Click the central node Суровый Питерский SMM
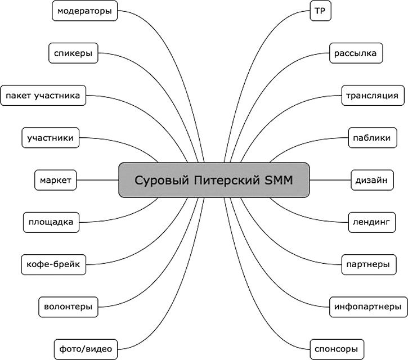pos(214,180)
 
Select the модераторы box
pos(84,11)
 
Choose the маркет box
pos(56,180)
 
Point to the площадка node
pos(51,222)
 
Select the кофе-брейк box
pos(53,264)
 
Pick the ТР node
pos(319,11)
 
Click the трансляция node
pos(373,96)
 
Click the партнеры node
pos(366,264)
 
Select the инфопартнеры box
pos(367,307)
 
